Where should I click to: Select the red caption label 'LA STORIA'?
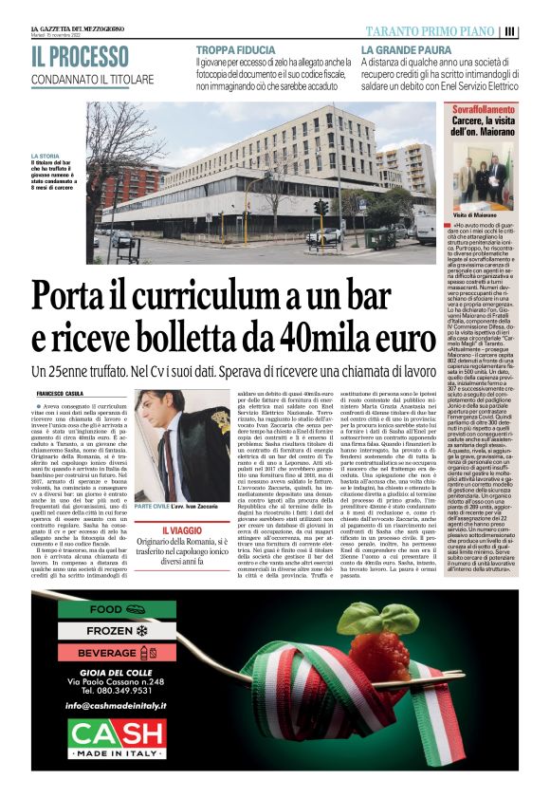[45, 156]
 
